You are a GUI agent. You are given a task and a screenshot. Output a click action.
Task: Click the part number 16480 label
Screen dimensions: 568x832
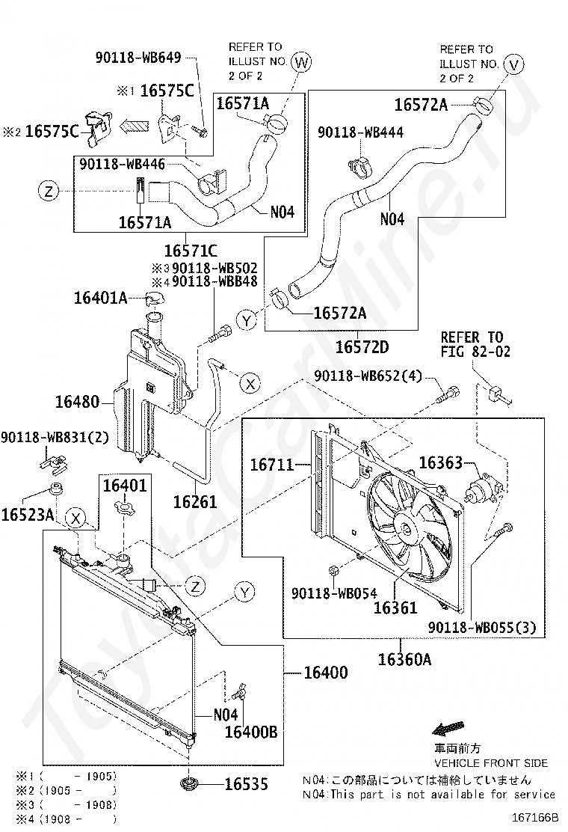pyautogui.click(x=78, y=402)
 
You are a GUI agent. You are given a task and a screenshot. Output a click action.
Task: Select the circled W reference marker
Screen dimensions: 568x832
pyautogui.click(x=301, y=62)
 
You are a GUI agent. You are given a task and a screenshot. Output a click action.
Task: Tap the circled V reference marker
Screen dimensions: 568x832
pyautogui.click(x=513, y=65)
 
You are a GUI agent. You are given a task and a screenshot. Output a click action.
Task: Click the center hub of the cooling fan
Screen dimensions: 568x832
pyautogui.click(x=405, y=529)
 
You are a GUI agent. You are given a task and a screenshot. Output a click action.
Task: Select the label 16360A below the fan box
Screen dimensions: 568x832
pyautogui.click(x=404, y=660)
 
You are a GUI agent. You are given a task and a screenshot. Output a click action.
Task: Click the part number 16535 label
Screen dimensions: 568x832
pyautogui.click(x=247, y=783)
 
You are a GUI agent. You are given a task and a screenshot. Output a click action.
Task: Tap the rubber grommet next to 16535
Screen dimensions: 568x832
pyautogui.click(x=188, y=783)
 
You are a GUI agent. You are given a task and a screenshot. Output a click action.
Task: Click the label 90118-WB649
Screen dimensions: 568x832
pyautogui.click(x=138, y=58)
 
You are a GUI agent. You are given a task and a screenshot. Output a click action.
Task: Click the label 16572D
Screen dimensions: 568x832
pyautogui.click(x=362, y=347)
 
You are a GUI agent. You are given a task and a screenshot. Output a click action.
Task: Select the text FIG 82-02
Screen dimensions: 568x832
pyautogui.click(x=475, y=351)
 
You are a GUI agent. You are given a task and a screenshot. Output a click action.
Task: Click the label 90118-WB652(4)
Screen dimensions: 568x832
pyautogui.click(x=368, y=376)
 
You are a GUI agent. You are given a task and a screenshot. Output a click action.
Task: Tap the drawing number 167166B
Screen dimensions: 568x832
pyautogui.click(x=535, y=816)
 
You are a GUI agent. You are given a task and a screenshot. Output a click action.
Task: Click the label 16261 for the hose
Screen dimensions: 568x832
pyautogui.click(x=195, y=501)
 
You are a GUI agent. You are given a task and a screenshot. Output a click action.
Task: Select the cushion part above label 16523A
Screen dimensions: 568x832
pyautogui.click(x=55, y=488)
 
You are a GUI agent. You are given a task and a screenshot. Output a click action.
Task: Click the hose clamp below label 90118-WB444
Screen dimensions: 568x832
pyautogui.click(x=359, y=167)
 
